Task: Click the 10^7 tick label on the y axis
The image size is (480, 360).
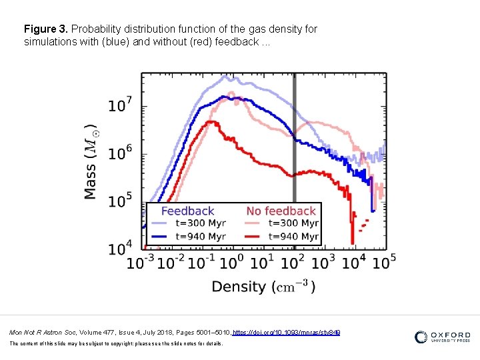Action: [120, 105]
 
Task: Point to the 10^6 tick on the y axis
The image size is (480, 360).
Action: [120, 153]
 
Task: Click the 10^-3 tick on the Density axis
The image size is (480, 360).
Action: [141, 262]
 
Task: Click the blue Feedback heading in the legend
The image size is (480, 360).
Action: [187, 211]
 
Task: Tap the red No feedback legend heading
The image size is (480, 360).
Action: [281, 211]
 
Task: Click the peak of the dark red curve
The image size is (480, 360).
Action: [211, 121]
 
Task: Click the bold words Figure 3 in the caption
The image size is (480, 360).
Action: [46, 29]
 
